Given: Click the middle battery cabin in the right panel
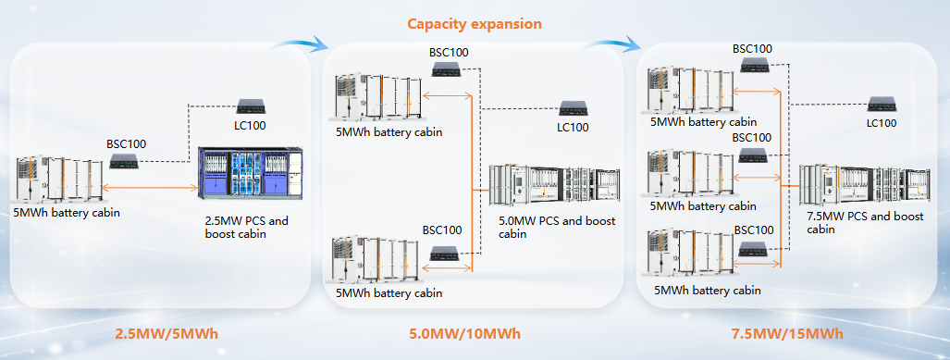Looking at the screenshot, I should point(685,173).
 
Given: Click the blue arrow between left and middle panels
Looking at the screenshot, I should point(301,42).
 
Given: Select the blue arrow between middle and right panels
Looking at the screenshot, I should point(617,42).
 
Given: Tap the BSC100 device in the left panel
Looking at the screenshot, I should point(125,161).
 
